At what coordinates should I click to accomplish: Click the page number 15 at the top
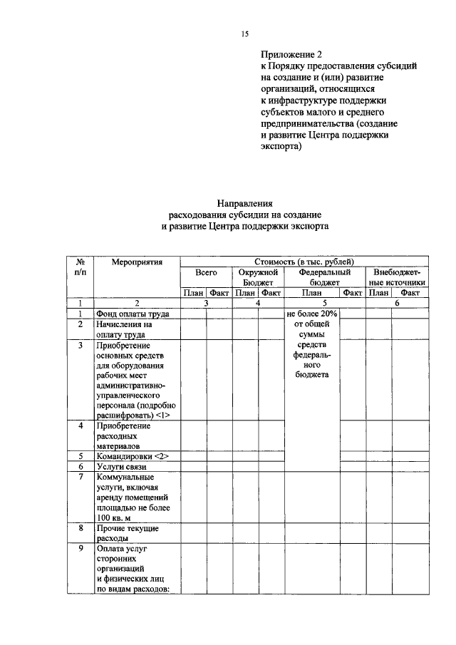[245, 33]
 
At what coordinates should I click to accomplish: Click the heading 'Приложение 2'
[291, 54]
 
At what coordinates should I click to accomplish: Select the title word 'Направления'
[245, 203]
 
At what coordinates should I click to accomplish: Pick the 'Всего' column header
[206, 272]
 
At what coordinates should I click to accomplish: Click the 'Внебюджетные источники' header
[397, 277]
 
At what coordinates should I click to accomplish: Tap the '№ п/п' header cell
[81, 267]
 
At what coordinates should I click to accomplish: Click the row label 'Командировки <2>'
[133, 456]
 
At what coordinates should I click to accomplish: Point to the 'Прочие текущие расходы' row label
[127, 534]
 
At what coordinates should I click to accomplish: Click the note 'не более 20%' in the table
[313, 314]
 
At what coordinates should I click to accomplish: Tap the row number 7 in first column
[81, 477]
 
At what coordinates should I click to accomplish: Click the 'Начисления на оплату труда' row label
[125, 329]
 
